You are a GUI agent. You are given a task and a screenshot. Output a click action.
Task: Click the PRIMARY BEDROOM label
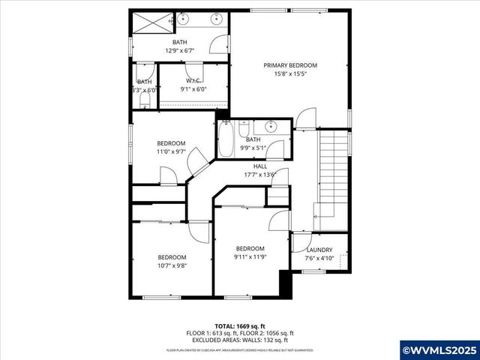tap(290, 65)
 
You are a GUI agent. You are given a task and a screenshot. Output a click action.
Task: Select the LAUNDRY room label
tap(320, 250)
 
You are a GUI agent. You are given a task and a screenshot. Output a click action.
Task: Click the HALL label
tap(260, 166)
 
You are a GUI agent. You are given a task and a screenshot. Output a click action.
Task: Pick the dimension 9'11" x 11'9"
tap(250, 258)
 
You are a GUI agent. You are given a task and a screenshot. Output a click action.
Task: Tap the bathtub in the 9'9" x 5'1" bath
tap(226, 139)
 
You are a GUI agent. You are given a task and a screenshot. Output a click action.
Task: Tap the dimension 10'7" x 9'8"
tap(171, 265)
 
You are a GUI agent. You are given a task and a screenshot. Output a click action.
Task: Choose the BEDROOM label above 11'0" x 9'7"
tap(171, 143)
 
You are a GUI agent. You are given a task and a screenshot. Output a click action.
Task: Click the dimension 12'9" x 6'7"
tap(180, 51)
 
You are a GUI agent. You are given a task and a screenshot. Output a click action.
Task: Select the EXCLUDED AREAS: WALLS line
tap(240, 339)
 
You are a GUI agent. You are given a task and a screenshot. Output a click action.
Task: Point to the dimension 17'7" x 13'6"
tap(260, 175)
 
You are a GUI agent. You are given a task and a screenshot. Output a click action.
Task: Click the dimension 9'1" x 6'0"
tap(194, 89)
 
